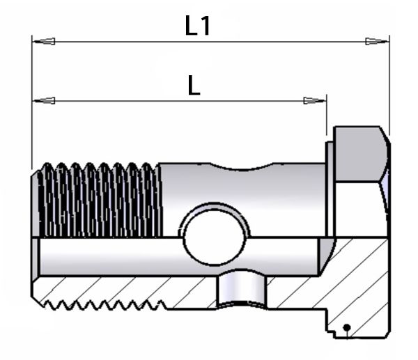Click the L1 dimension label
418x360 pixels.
coord(198,26)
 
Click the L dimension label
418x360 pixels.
coord(194,85)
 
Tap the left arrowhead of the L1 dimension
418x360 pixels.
coord(44,41)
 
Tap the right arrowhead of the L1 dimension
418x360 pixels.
coord(377,41)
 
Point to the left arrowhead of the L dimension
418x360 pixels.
coord(44,101)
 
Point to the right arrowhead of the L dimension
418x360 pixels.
coord(315,101)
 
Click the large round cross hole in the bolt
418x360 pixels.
coord(214,237)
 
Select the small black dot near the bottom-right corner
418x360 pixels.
coord(346,327)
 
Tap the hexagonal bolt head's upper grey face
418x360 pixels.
coord(360,154)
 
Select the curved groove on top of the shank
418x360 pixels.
coord(242,166)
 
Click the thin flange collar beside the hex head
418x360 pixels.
coord(330,189)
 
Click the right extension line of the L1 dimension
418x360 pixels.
coord(389,85)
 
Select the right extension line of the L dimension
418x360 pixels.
coord(327,115)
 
